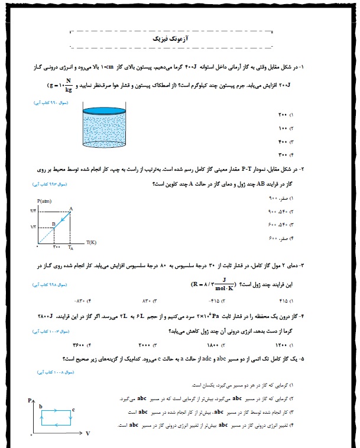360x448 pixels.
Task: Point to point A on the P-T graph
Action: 71,207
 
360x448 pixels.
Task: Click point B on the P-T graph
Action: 53,223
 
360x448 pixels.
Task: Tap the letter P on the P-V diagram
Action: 29,401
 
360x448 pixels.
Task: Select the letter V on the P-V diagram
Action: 88,434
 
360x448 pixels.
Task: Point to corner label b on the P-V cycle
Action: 40,407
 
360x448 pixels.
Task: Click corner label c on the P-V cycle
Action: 72,408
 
